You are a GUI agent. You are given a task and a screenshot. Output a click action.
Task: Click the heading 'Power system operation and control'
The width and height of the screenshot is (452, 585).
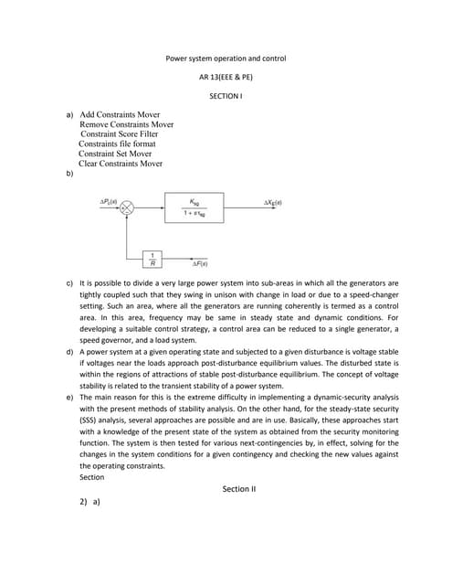[226, 58]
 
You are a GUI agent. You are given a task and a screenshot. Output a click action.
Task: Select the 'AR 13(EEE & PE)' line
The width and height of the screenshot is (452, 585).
[226, 77]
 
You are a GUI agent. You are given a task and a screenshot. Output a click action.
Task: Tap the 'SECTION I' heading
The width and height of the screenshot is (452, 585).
[226, 95]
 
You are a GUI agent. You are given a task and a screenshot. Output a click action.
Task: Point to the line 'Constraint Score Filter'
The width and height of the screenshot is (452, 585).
[119, 134]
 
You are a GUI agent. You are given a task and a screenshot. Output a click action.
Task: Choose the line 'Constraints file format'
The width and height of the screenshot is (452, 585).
[117, 144]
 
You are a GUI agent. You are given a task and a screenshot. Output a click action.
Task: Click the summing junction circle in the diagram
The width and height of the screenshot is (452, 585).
[127, 208]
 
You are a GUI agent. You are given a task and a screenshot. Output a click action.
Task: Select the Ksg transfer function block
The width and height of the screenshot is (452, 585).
[193, 207]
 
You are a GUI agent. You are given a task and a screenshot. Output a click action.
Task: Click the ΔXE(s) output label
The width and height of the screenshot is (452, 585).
[272, 201]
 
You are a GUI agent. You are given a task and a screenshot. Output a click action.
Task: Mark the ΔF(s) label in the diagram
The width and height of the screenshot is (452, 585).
[199, 263]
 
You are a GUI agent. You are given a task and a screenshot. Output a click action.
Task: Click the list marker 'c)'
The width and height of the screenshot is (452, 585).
[69, 284]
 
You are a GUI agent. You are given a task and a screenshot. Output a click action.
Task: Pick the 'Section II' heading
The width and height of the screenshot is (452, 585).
[240, 489]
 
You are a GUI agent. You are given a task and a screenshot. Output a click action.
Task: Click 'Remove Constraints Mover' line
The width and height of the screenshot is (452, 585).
[127, 124]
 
